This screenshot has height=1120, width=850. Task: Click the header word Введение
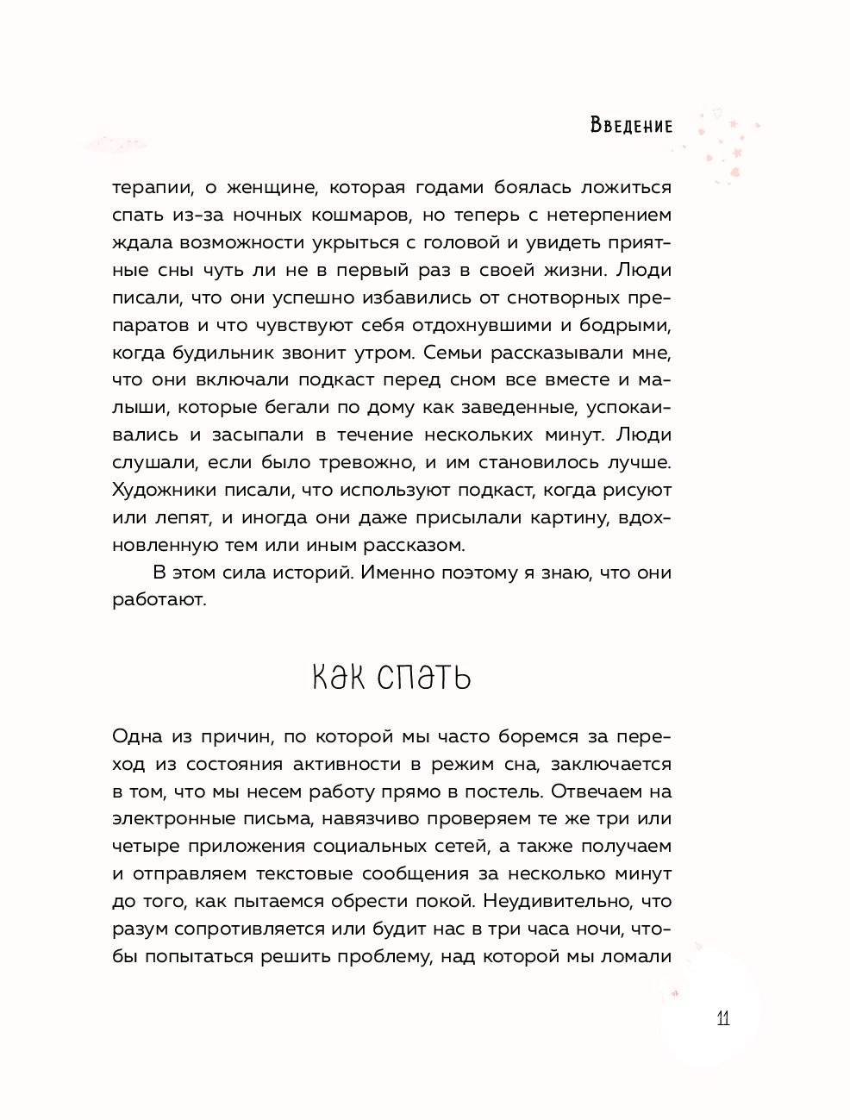point(631,126)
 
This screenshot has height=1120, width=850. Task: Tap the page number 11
point(722,1018)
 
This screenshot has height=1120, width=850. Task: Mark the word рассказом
point(416,545)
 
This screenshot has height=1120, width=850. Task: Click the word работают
point(159,600)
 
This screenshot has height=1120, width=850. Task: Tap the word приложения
point(248,847)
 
